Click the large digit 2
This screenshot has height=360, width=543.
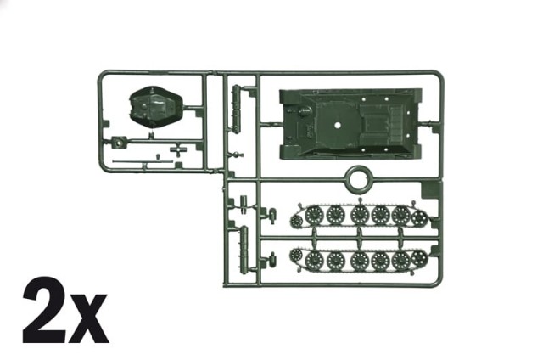[x=43, y=310]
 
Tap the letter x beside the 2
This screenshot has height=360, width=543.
[x=87, y=318]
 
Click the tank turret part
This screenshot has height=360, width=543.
[x=156, y=107]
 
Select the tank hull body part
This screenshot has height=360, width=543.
[x=350, y=124]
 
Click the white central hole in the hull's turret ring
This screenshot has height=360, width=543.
[x=338, y=126]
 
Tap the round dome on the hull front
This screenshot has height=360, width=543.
[x=304, y=111]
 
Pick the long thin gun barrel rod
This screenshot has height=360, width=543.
[x=143, y=161]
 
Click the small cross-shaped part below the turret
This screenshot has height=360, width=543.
[x=178, y=149]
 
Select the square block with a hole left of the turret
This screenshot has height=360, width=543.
[x=119, y=142]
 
